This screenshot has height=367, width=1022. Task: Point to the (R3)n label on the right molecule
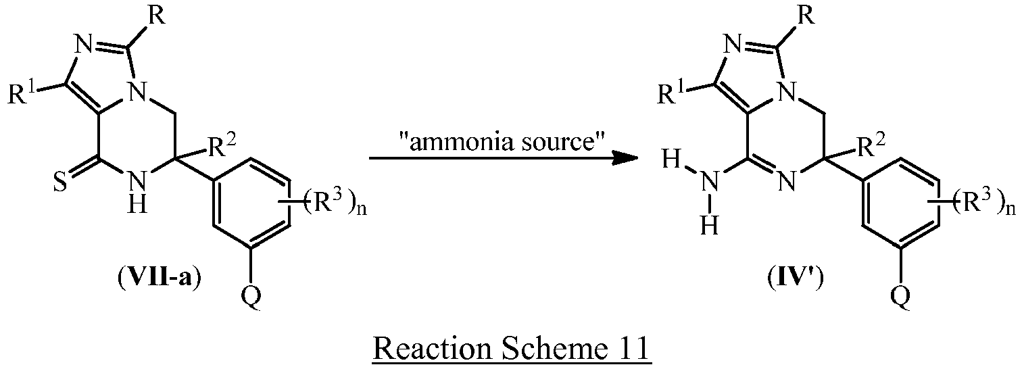[x=981, y=203]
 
